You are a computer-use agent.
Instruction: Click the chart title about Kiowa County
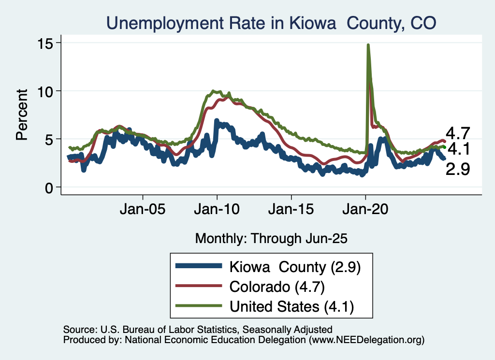271,23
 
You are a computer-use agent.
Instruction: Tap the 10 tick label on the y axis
46,91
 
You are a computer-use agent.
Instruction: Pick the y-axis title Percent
22,115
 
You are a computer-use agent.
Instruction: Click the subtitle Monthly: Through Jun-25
271,238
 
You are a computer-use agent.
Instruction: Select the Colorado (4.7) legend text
277,287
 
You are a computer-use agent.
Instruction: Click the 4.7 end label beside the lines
458,133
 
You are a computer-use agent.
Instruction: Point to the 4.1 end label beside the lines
458,149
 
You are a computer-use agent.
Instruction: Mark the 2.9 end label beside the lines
458,169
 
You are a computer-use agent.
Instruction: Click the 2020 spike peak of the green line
368,45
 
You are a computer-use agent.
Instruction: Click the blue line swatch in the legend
199,267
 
